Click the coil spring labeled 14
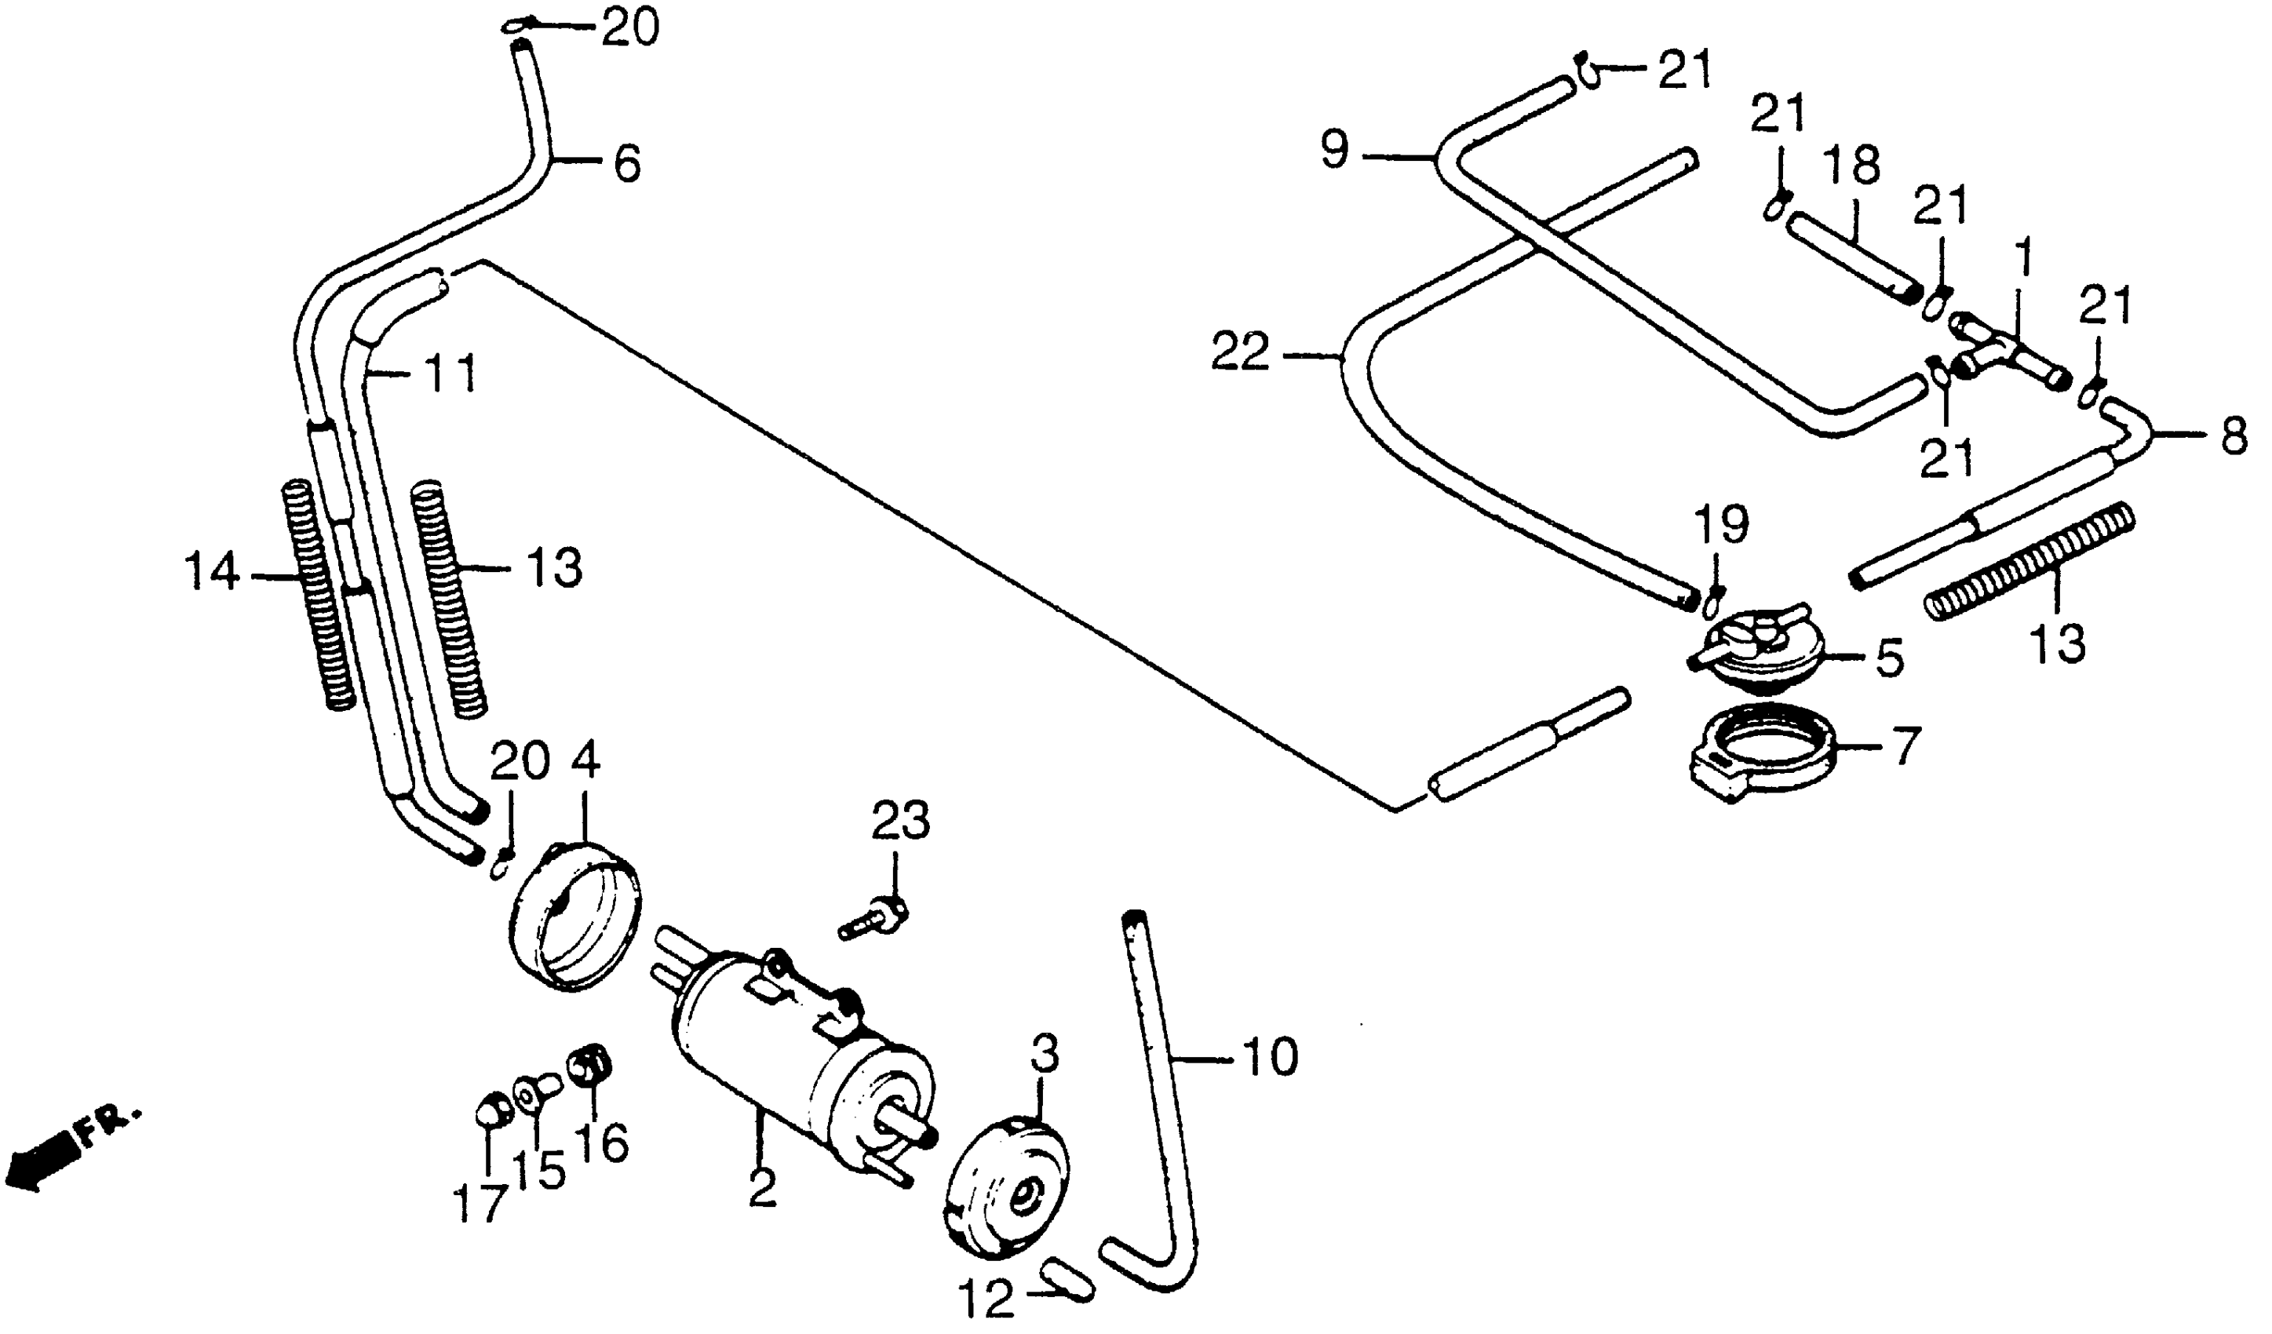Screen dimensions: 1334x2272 (315, 595)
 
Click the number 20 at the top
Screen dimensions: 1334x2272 (631, 30)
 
